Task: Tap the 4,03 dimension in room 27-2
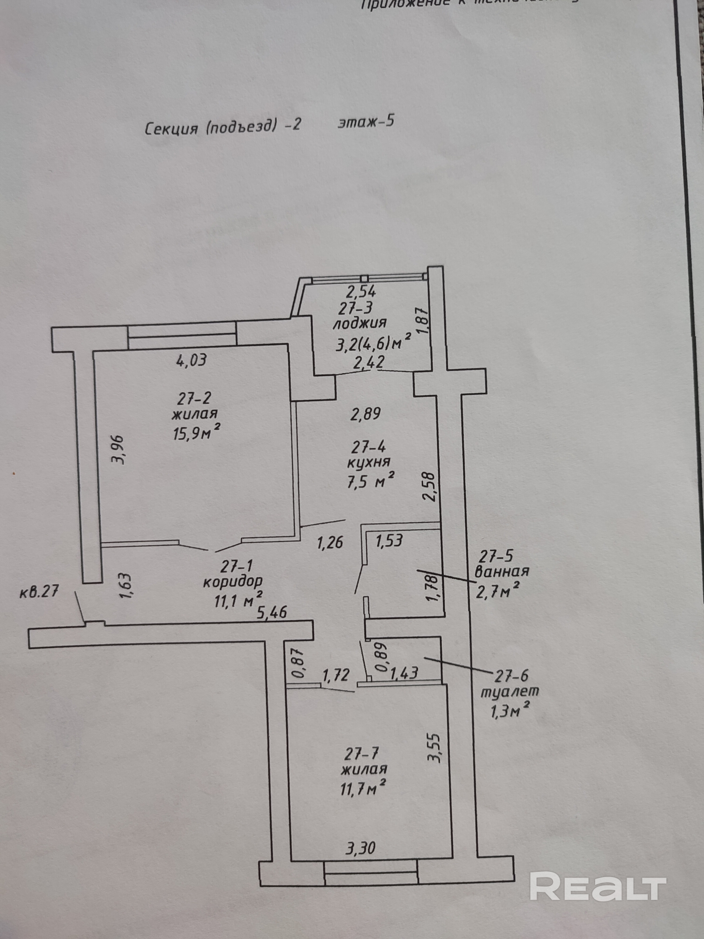191,360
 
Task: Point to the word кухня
368,462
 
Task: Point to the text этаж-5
366,122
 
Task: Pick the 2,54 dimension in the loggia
361,292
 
